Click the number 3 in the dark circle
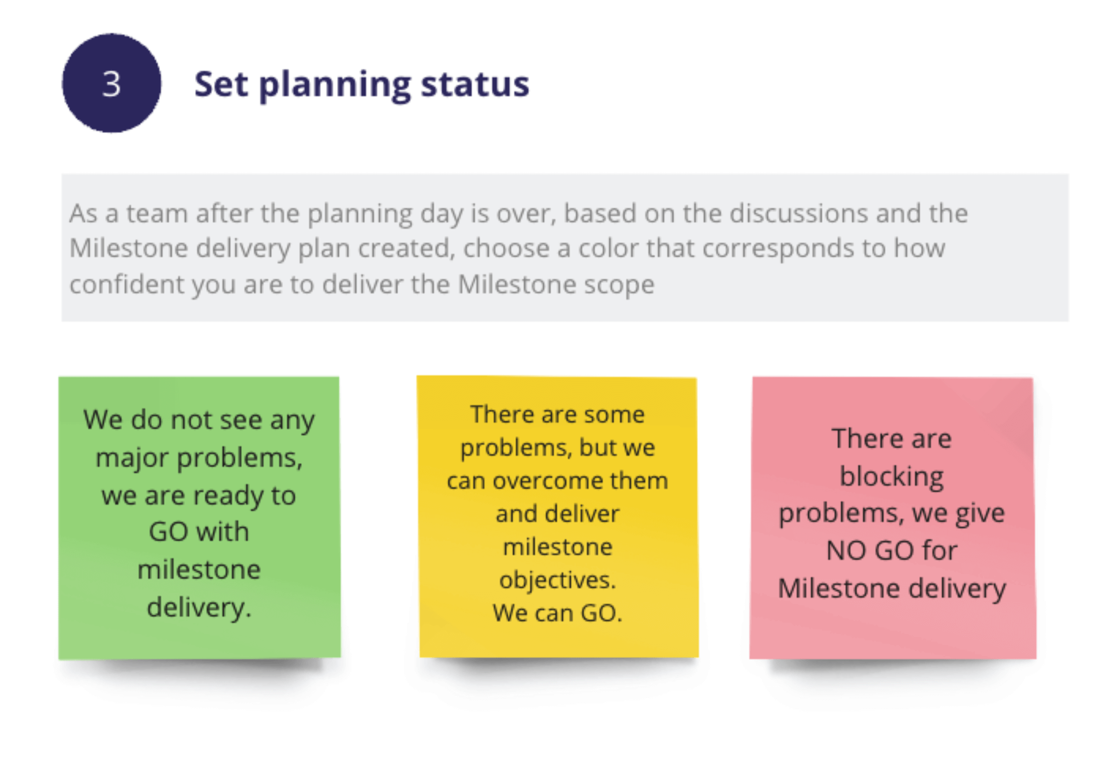coord(111,84)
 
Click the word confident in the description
coord(127,284)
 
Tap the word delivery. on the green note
coord(199,607)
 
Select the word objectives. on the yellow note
coord(557,580)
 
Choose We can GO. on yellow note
coord(557,613)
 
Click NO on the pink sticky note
coord(846,551)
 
